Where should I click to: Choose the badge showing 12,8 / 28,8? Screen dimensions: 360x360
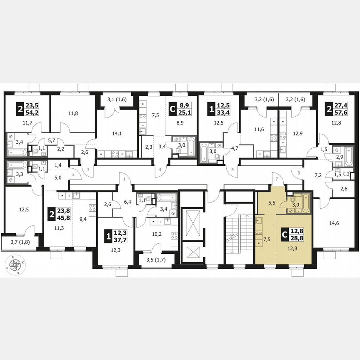(x=292, y=237)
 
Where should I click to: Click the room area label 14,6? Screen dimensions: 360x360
(x=332, y=223)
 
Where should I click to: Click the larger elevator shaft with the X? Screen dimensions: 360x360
(x=193, y=219)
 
